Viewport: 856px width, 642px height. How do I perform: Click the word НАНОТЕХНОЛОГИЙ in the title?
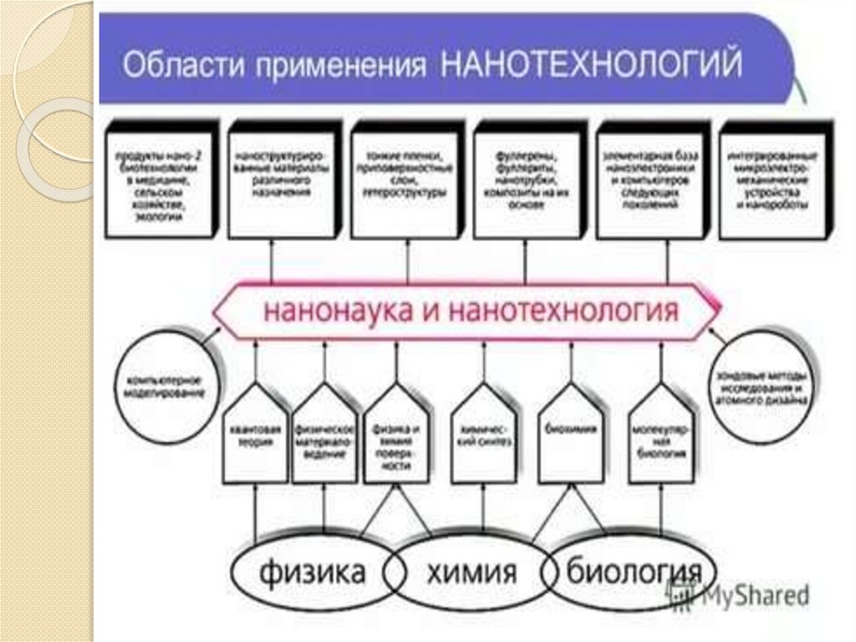pyautogui.click(x=591, y=65)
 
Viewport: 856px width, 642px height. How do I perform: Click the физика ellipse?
pyautogui.click(x=312, y=573)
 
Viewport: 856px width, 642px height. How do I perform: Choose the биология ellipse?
pyautogui.click(x=631, y=573)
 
